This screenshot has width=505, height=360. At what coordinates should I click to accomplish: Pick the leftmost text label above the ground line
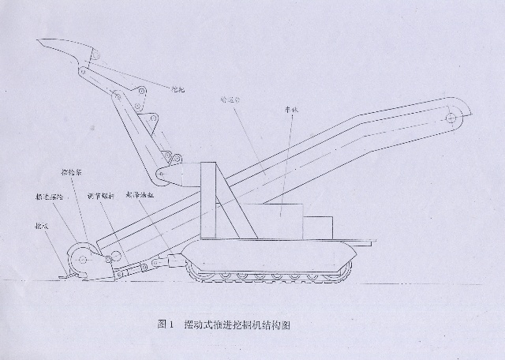coord(37,225)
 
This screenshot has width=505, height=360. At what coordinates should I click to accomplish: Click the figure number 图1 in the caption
coord(164,324)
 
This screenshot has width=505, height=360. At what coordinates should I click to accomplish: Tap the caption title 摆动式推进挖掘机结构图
coord(237,324)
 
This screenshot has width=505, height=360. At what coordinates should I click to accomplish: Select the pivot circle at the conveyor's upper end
coord(451,119)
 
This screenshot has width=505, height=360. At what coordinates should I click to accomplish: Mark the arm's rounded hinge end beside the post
coord(167,173)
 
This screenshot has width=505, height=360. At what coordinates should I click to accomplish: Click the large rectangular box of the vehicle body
coord(277,219)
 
